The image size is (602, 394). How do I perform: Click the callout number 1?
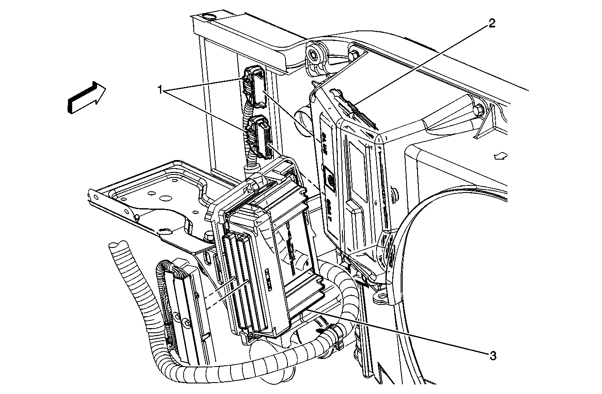160,89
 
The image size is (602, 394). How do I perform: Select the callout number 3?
492,356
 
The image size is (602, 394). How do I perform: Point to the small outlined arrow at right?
502,156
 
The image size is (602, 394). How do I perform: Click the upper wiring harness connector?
255,86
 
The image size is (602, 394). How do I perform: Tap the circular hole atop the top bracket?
207,17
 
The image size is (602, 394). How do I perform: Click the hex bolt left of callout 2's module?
314,54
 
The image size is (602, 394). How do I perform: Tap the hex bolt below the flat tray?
209,236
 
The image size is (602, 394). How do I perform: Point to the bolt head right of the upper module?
479,111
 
